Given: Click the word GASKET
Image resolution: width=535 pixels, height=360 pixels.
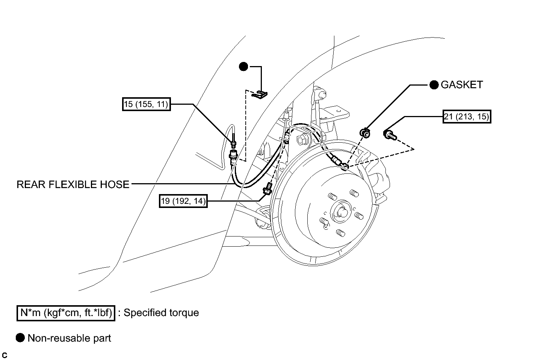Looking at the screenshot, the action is coord(462,85).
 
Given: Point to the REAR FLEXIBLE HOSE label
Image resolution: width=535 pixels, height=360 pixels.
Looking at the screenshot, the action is coord(73,184).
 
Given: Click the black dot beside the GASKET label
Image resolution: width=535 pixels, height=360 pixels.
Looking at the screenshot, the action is coord(434,85).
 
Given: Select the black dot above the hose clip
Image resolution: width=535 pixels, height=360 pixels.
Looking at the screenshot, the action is coord(243,66).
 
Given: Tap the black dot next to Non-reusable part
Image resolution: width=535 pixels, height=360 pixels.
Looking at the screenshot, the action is coord(20,338).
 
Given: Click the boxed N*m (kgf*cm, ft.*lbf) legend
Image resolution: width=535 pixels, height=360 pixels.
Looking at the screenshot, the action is coord(66,313).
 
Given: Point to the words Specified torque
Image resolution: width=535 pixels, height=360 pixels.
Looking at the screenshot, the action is coord(161,313).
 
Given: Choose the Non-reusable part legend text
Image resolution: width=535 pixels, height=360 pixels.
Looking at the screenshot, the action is coord(69,338).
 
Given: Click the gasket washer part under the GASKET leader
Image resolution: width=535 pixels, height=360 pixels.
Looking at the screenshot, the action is coord(365,133).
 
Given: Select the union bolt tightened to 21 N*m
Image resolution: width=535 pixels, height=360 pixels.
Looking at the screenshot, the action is coord(390,135).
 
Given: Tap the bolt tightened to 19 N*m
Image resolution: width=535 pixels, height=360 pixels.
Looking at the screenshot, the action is coord(268,188).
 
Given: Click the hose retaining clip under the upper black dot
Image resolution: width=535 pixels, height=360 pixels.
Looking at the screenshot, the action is coord(259,95).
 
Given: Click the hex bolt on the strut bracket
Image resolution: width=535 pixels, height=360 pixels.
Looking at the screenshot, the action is coord(302,140).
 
